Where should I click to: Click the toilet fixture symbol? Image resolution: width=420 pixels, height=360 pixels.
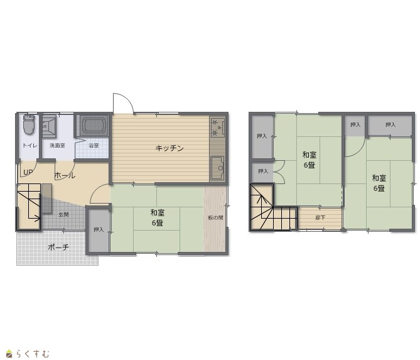click(29, 124)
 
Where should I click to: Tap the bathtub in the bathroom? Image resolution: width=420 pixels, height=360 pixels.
click(94, 125)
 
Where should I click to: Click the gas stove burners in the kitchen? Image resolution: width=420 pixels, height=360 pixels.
click(217, 127)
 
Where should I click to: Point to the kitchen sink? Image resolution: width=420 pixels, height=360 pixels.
click(217, 168)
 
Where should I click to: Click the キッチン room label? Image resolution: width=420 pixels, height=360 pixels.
click(170, 148)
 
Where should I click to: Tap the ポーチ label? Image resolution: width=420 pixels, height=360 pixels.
click(58, 247)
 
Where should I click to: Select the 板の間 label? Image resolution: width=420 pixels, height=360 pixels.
click(215, 217)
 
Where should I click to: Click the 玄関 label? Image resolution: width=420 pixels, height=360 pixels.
click(64, 214)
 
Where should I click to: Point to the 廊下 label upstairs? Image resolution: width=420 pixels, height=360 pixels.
click(320, 217)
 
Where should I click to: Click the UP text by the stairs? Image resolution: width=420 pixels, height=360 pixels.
click(28, 172)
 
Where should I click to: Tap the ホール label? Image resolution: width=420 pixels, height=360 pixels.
click(65, 175)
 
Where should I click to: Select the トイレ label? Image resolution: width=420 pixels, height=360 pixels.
click(30, 146)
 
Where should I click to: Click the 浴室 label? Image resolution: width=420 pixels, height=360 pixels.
click(94, 146)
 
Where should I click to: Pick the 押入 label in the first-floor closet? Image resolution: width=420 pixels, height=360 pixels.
click(99, 230)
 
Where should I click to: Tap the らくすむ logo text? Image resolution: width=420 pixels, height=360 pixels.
click(33, 354)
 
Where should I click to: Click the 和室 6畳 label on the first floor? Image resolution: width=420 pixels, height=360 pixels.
click(157, 217)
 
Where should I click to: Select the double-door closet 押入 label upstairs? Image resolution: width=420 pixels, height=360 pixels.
click(263, 171)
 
